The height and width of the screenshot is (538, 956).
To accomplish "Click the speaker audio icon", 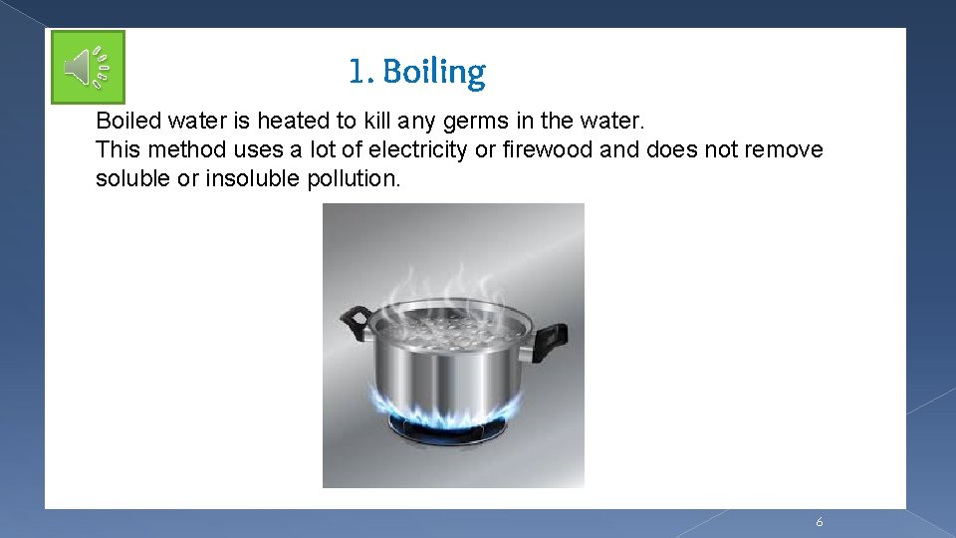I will coord(88,68).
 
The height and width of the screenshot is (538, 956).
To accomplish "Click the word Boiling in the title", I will coord(434,72).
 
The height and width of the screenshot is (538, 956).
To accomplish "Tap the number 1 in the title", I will coord(357,72).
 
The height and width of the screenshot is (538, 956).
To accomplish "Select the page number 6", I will coord(819,522).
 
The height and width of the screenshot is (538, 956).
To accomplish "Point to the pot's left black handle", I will coord(355,321).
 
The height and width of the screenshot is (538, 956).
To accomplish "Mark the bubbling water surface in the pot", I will coord(452,324).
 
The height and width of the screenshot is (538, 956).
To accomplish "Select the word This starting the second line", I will coord(116,150).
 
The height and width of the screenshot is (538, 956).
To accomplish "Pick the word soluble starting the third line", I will coord(129,179).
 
